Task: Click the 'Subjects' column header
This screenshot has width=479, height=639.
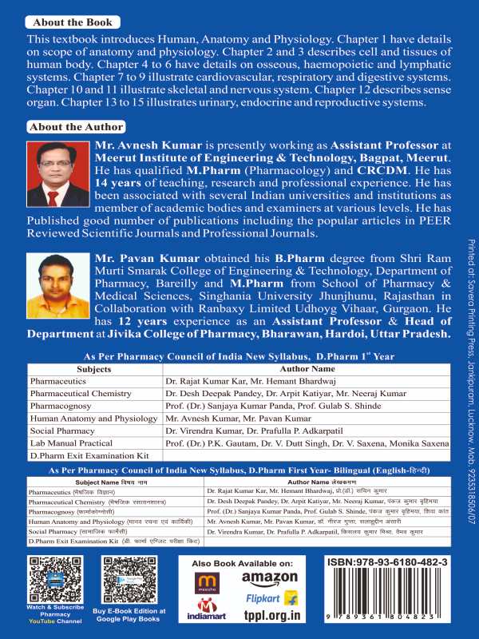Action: (x=94, y=371)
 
